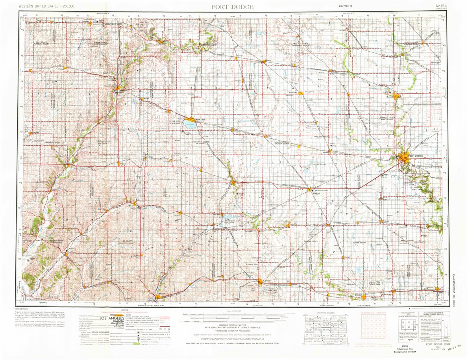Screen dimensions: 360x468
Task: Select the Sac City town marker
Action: coord(234,183)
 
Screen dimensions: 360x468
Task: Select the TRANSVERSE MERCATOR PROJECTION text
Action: coord(233,331)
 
